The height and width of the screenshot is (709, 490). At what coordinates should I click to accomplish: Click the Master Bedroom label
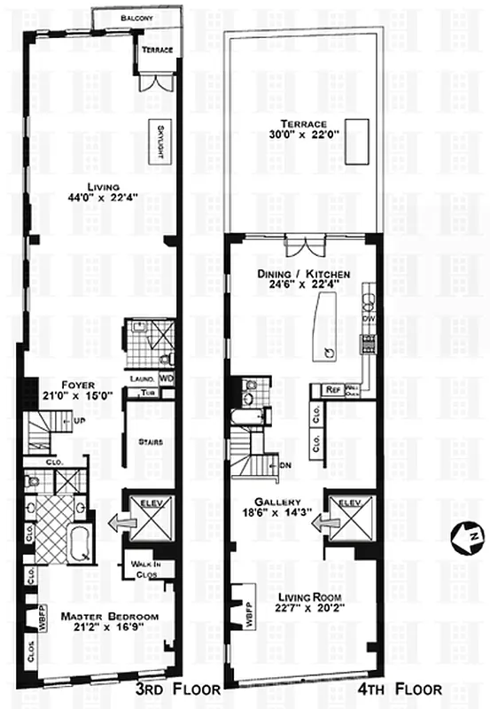108,616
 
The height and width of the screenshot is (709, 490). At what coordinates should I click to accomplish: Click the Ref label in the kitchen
333,389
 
